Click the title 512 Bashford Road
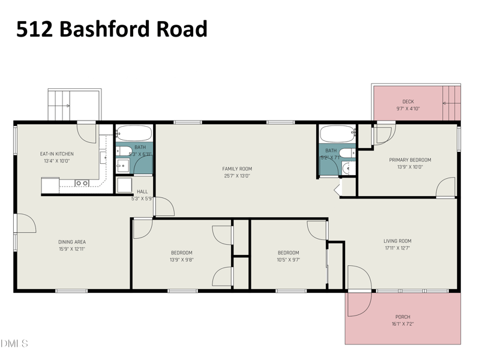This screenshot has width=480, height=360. (x=112, y=28)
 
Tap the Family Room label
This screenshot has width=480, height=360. (x=237, y=169)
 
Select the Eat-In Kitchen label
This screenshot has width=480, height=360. (x=56, y=154)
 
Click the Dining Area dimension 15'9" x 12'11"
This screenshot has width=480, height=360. (x=72, y=250)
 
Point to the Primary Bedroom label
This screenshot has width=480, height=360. (x=410, y=160)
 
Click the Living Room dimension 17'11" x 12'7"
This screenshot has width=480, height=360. (x=398, y=248)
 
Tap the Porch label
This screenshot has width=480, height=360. (x=403, y=317)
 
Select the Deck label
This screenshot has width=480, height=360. (x=408, y=101)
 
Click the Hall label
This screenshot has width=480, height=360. (x=142, y=191)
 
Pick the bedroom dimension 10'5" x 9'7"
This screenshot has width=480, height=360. (x=288, y=260)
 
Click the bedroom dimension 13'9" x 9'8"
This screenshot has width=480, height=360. (x=181, y=260)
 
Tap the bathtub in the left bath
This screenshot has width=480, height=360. (x=134, y=133)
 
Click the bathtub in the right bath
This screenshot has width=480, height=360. (x=337, y=133)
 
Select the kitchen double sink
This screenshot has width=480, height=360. (x=82, y=183)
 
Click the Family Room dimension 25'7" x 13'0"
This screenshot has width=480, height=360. (x=237, y=176)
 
